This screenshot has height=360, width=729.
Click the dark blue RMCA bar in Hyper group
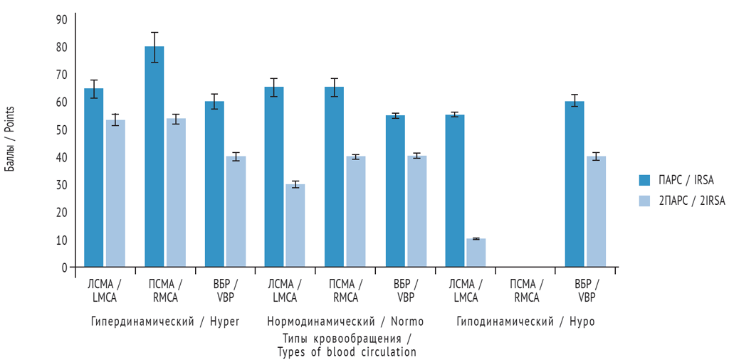click(x=154, y=157)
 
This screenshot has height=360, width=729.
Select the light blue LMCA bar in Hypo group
click(x=476, y=253)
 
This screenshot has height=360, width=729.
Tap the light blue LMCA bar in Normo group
click(x=295, y=226)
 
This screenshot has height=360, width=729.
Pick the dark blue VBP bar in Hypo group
click(x=575, y=184)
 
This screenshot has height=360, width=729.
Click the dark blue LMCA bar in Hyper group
click(x=94, y=178)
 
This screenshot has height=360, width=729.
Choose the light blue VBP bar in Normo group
click(x=416, y=211)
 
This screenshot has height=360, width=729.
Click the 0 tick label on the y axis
click(x=63, y=268)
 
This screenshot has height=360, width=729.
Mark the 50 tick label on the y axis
click(x=62, y=130)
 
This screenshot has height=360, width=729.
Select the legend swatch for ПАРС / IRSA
click(x=644, y=179)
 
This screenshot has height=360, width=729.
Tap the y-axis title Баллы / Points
click(x=10, y=139)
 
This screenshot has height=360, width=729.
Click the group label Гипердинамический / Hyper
click(x=165, y=322)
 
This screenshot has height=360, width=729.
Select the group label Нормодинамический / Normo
click(x=345, y=322)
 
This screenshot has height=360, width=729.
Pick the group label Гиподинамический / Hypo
click(x=525, y=322)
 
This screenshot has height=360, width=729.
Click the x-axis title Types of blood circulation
click(x=347, y=351)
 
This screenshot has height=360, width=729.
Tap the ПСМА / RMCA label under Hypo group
click(x=525, y=291)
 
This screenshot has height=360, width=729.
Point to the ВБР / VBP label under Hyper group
click(x=225, y=291)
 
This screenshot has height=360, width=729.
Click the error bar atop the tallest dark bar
click(x=154, y=47)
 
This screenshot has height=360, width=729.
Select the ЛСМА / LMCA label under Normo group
click(x=285, y=291)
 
